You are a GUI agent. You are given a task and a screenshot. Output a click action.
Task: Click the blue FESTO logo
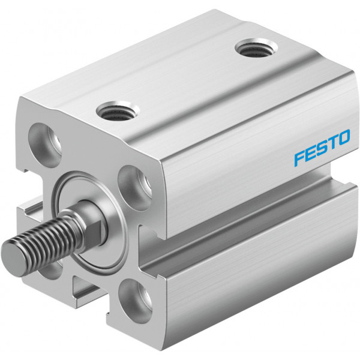pos(322,148)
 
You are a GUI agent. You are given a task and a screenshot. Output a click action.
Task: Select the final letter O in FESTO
pos(343,137)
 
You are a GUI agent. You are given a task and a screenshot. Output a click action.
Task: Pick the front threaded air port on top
pos(118,111)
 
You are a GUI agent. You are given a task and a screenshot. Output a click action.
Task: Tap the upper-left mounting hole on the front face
pos(45,145)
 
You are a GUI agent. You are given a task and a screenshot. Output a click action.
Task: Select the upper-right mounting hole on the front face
pos(135,188)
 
